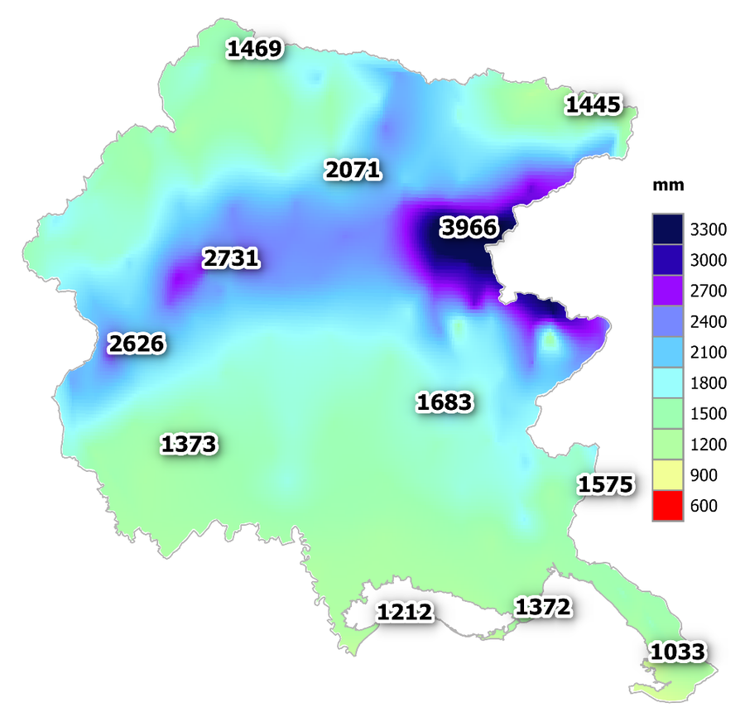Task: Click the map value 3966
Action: coord(469,228)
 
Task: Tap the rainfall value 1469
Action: coord(254,49)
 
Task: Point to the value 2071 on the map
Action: coord(353,171)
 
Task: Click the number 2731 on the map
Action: coord(231,259)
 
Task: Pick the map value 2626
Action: coord(137,343)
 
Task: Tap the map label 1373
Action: coord(189,444)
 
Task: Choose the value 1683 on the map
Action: coord(445,403)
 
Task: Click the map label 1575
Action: coord(605,484)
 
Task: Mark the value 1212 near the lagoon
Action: coord(405,613)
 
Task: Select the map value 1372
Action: coord(543,608)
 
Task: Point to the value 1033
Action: coord(678,652)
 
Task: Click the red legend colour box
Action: coord(667,506)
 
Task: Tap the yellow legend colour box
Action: coord(667,475)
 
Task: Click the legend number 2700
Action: coord(709,291)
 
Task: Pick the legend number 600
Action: coord(704,506)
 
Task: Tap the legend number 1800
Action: coord(709,383)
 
